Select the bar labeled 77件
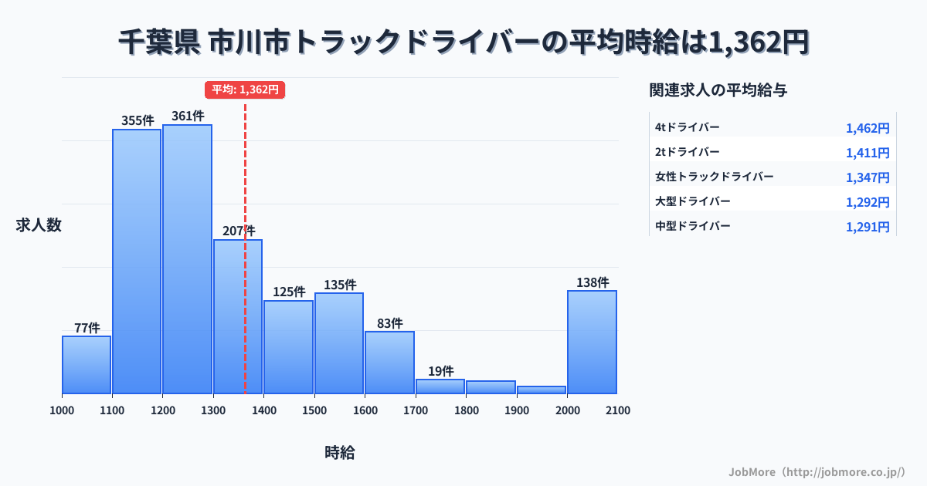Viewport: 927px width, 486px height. [87, 365]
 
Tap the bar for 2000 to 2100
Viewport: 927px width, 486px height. [592, 342]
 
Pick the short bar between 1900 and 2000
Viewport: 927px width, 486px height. [542, 390]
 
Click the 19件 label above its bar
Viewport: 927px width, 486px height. [440, 371]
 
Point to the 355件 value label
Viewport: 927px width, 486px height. [138, 120]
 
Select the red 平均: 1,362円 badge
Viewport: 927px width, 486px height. [245, 89]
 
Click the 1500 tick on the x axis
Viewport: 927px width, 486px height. [314, 410]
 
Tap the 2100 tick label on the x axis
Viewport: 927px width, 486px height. [617, 410]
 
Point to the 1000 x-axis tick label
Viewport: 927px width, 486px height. [62, 410]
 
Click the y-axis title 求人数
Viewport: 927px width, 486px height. [39, 225]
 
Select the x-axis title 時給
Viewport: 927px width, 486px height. [340, 453]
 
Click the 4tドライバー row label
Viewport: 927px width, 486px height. [687, 127]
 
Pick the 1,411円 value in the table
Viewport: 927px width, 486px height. [868, 153]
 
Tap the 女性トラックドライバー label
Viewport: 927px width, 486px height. [714, 177]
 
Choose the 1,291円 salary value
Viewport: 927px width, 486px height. [868, 227]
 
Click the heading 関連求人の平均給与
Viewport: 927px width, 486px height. [718, 90]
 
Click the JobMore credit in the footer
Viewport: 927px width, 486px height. [817, 471]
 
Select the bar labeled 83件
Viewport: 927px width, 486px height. [389, 363]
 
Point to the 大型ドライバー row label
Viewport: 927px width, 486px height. [692, 201]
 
